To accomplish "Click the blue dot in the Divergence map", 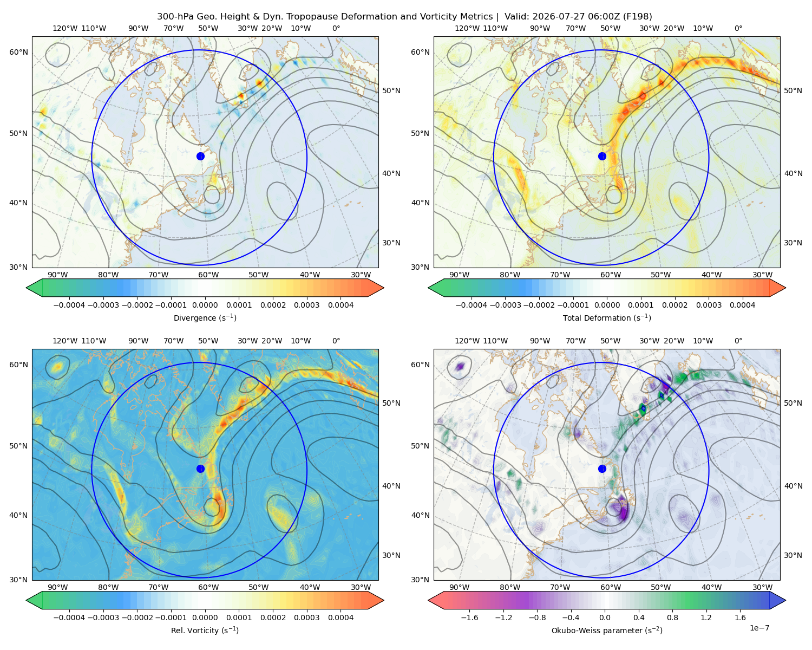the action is pyautogui.click(x=200, y=156).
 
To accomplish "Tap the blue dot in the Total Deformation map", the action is pyautogui.click(x=602, y=156).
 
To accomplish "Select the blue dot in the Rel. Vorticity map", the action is pyautogui.click(x=200, y=469).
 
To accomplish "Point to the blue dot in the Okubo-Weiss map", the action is pyautogui.click(x=602, y=469).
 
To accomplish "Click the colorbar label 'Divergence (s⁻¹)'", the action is pyautogui.click(x=205, y=317).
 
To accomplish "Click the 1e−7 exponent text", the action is pyautogui.click(x=759, y=628).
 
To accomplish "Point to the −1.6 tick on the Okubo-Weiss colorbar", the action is pyautogui.click(x=469, y=617).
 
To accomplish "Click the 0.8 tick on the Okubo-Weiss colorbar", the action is pyautogui.click(x=672, y=617).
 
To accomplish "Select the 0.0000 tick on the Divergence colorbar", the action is pyautogui.click(x=205, y=305).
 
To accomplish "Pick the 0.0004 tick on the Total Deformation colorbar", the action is pyautogui.click(x=742, y=305).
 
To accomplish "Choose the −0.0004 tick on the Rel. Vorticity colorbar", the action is pyautogui.click(x=69, y=617).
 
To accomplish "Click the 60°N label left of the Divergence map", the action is pyautogui.click(x=18, y=52).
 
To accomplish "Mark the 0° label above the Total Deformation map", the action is pyautogui.click(x=738, y=28).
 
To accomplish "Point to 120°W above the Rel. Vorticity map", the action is pyautogui.click(x=65, y=340).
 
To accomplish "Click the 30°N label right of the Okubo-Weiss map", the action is pyautogui.click(x=793, y=555).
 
